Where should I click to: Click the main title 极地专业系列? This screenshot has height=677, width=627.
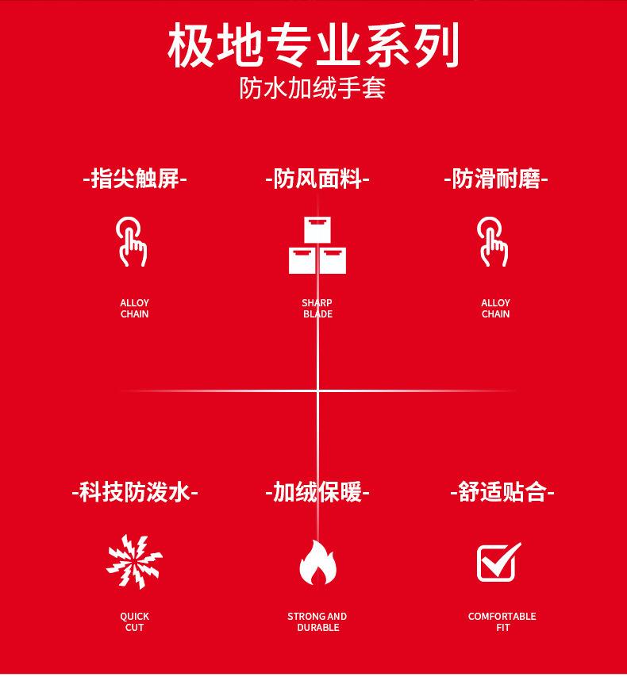pyautogui.click(x=313, y=45)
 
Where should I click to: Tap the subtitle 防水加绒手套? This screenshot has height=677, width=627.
pyautogui.click(x=313, y=88)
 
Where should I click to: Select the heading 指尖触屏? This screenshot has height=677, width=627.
pyautogui.click(x=135, y=179)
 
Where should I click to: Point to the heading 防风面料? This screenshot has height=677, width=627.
pyautogui.click(x=317, y=179)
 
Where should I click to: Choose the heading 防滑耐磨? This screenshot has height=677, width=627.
pyautogui.click(x=496, y=179)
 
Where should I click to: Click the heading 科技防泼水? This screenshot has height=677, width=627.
pyautogui.click(x=135, y=492)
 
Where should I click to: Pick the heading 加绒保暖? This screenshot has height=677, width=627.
pyautogui.click(x=317, y=492)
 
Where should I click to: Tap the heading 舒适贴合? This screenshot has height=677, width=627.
pyautogui.click(x=502, y=492)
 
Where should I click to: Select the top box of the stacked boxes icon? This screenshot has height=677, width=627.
pyautogui.click(x=317, y=229)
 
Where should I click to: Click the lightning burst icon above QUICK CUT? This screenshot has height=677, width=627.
pyautogui.click(x=134, y=561)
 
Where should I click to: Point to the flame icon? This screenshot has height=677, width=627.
pyautogui.click(x=317, y=562)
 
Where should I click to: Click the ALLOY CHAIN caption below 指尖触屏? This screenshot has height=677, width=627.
pyautogui.click(x=134, y=308)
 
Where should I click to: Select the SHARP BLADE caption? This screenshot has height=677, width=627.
pyautogui.click(x=317, y=308)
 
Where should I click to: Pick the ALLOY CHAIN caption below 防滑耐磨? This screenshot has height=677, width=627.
pyautogui.click(x=496, y=308)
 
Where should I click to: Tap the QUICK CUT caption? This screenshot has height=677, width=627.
pyautogui.click(x=134, y=621)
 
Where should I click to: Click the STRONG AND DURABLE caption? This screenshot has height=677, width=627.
pyautogui.click(x=317, y=621)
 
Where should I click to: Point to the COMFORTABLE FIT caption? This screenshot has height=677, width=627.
pyautogui.click(x=502, y=621)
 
